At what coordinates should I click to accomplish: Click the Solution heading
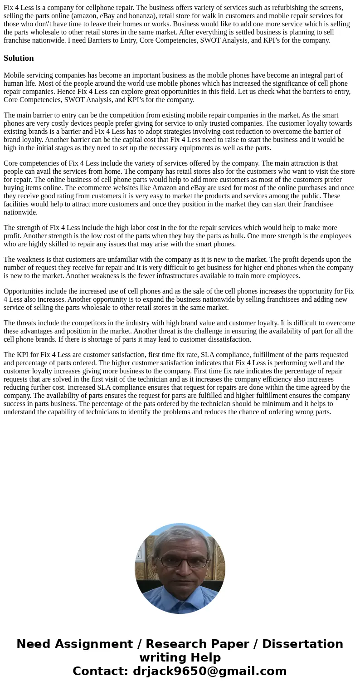[x=19, y=58]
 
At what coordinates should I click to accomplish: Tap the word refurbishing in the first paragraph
[x=277, y=7]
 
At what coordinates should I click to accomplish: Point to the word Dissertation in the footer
[x=302, y=644]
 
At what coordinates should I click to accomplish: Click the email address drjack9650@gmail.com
[x=210, y=671]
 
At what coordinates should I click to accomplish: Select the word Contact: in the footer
[x=100, y=671]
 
